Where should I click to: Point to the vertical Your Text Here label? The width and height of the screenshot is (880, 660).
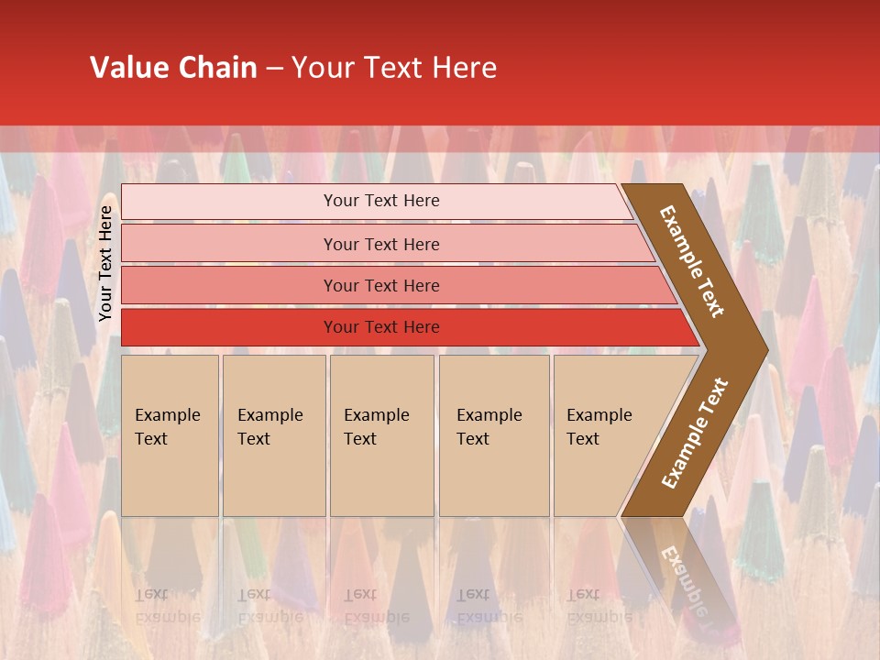tap(105, 263)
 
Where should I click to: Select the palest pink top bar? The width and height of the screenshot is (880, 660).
tap(380, 201)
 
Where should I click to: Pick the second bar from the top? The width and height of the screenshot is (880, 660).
tap(380, 244)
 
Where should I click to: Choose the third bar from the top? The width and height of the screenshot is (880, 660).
tap(380, 285)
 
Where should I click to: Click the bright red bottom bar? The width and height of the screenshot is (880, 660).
tap(380, 327)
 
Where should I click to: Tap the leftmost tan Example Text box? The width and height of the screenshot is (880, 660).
tap(170, 435)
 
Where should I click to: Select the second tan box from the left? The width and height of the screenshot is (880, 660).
tap(273, 435)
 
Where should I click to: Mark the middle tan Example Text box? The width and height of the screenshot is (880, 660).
tap(381, 435)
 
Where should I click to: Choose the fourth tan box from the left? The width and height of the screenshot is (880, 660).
tap(493, 435)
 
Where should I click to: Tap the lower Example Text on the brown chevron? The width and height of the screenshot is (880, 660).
tap(695, 434)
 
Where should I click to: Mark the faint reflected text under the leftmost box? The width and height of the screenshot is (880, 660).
tap(167, 605)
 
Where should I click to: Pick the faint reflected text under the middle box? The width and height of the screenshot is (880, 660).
tap(375, 605)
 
